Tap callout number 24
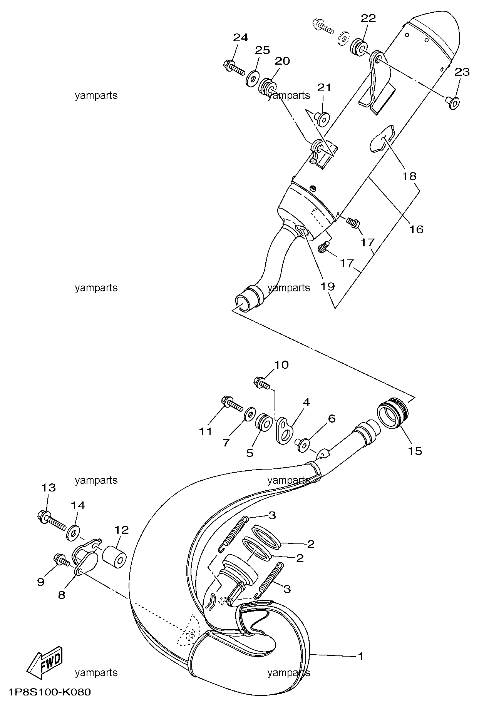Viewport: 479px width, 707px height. pyautogui.click(x=241, y=38)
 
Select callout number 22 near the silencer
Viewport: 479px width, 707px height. pyautogui.click(x=368, y=18)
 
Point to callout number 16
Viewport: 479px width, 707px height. pyautogui.click(x=416, y=230)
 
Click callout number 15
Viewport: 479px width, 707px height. pyautogui.click(x=415, y=451)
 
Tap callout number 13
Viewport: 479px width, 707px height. pyautogui.click(x=49, y=488)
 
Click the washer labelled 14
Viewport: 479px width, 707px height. pyautogui.click(x=74, y=532)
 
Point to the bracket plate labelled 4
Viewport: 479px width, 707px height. pyautogui.click(x=285, y=430)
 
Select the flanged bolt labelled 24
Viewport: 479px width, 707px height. pyautogui.click(x=234, y=67)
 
